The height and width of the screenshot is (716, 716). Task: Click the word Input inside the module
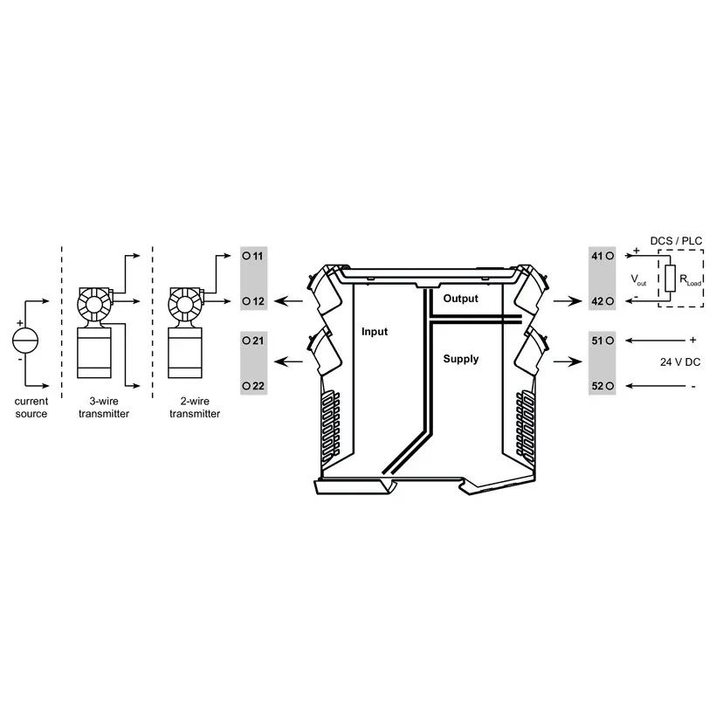(375, 332)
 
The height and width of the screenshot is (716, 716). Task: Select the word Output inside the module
(460, 299)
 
